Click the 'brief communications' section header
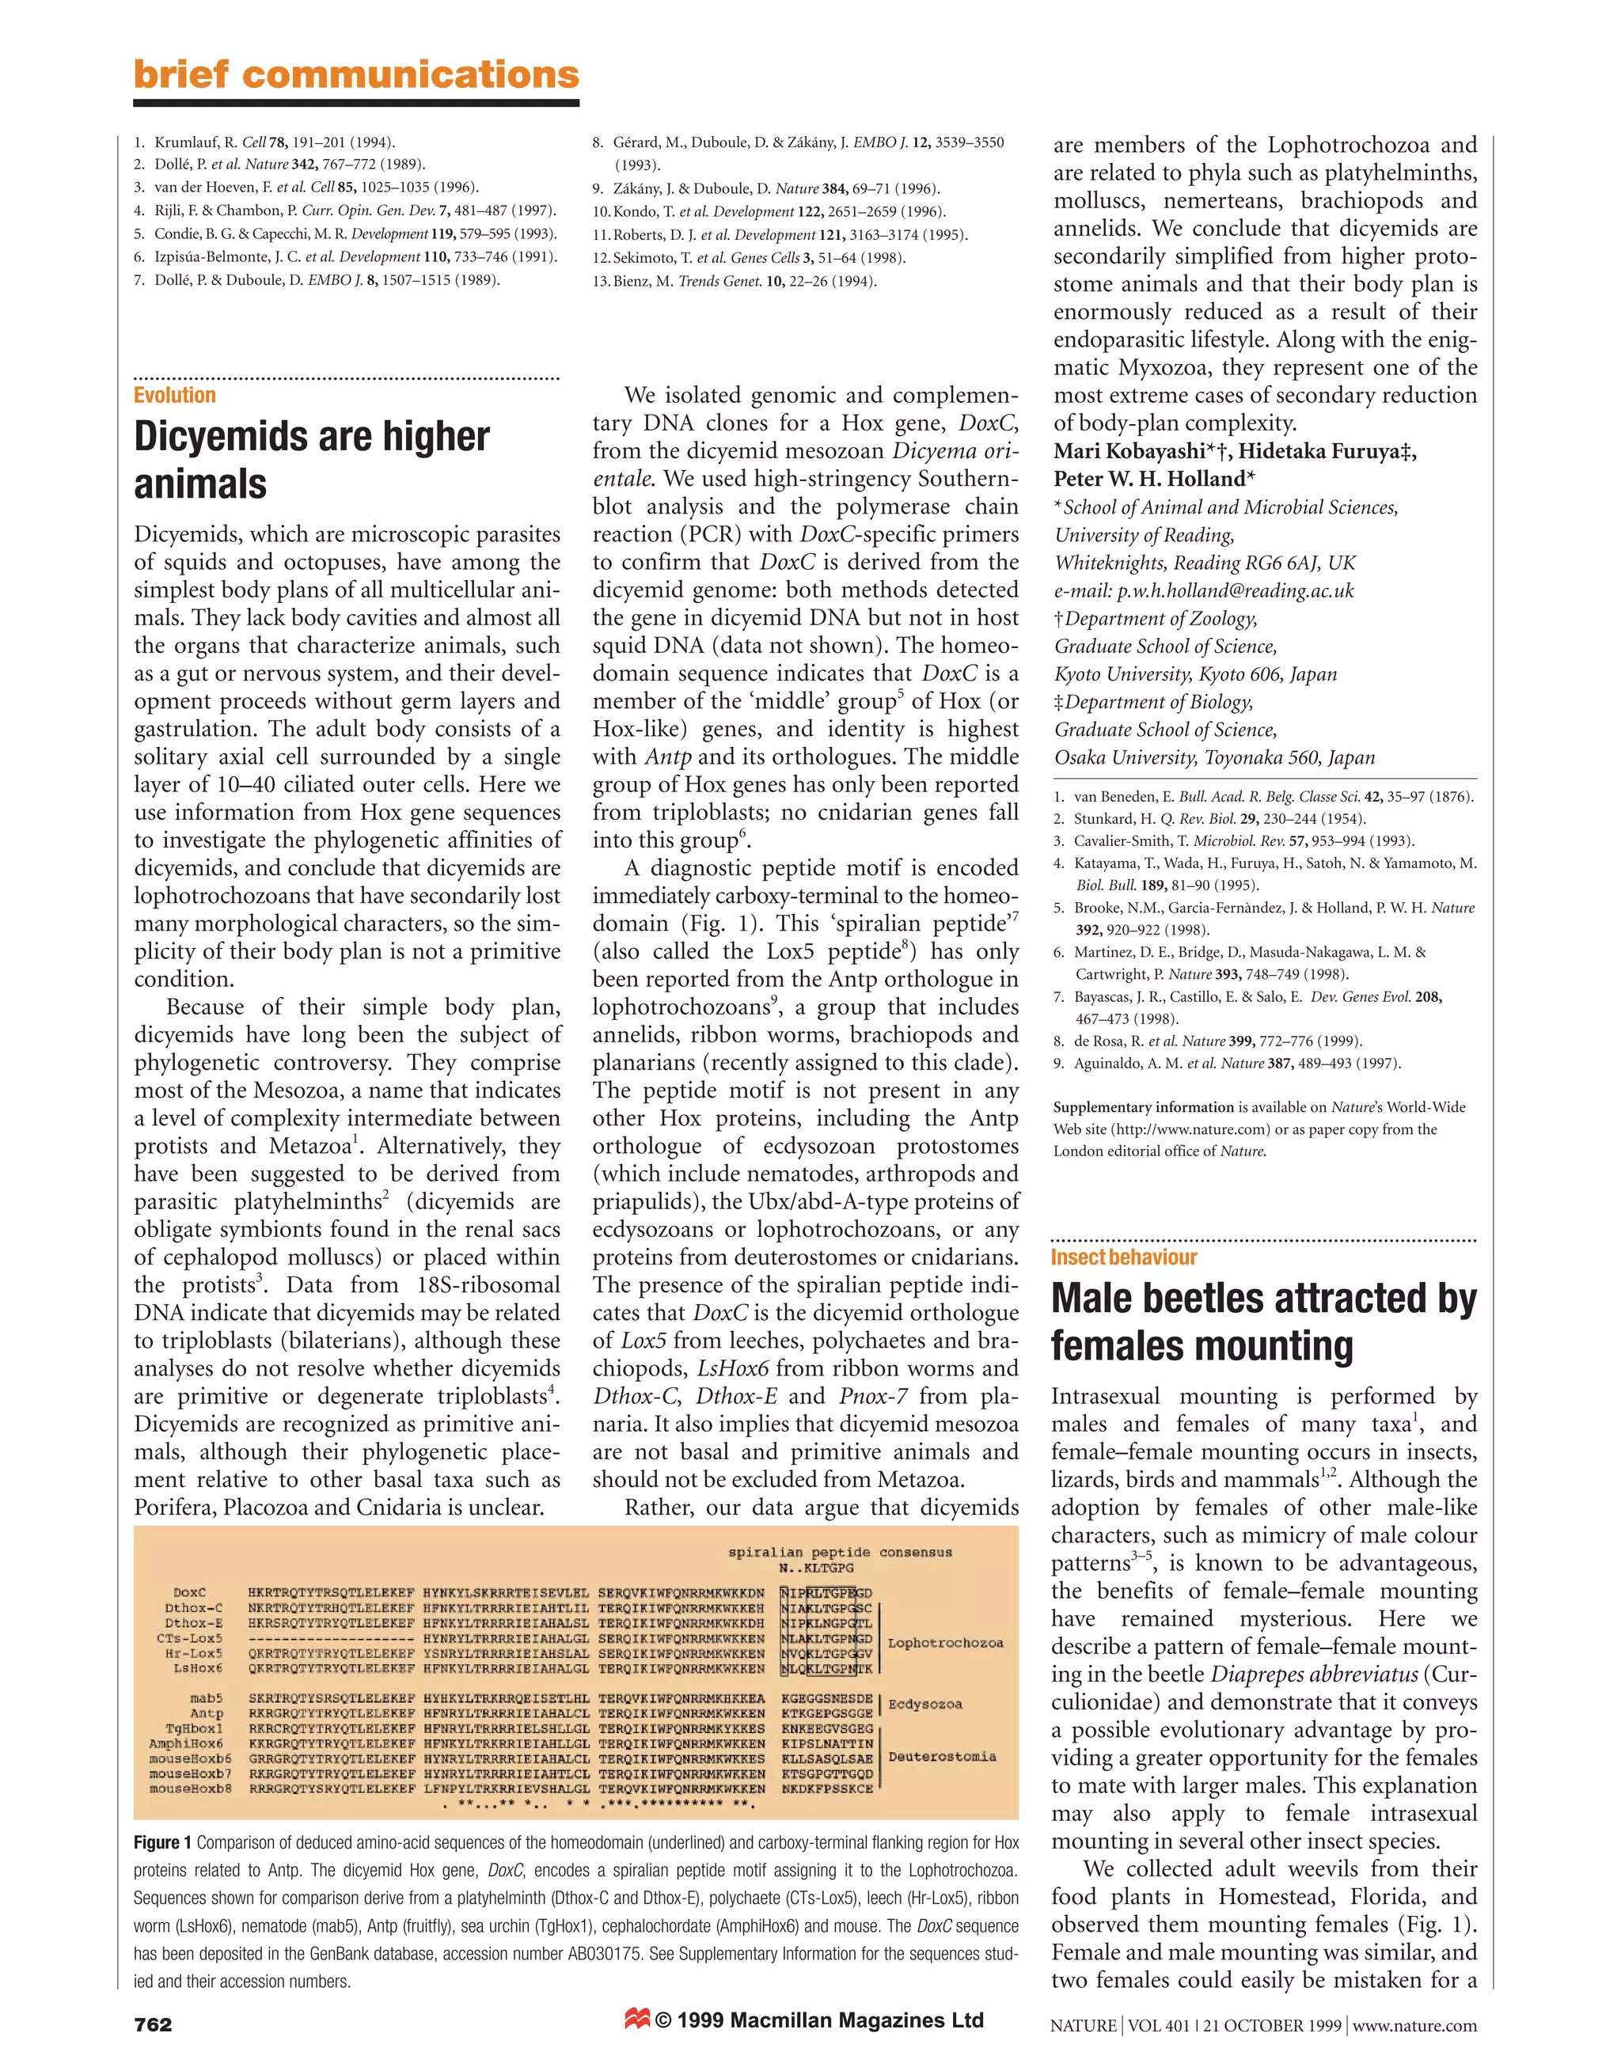pyautogui.click(x=356, y=75)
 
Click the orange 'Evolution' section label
pyautogui.click(x=175, y=396)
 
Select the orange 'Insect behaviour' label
pyautogui.click(x=1124, y=1257)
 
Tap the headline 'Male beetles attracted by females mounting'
pyautogui.click(x=1263, y=1322)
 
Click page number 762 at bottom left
pyautogui.click(x=153, y=2024)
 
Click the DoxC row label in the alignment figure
pyautogui.click(x=190, y=1593)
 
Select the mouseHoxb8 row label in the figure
pyautogui.click(x=190, y=1789)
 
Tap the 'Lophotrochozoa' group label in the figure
pyautogui.click(x=945, y=1642)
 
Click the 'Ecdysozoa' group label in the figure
pyautogui.click(x=925, y=1704)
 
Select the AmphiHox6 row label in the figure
pyautogui.click(x=186, y=1743)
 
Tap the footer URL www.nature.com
pyautogui.click(x=1414, y=2025)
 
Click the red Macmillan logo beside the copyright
pyautogui.click(x=637, y=2020)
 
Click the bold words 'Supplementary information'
pyautogui.click(x=1143, y=1107)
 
